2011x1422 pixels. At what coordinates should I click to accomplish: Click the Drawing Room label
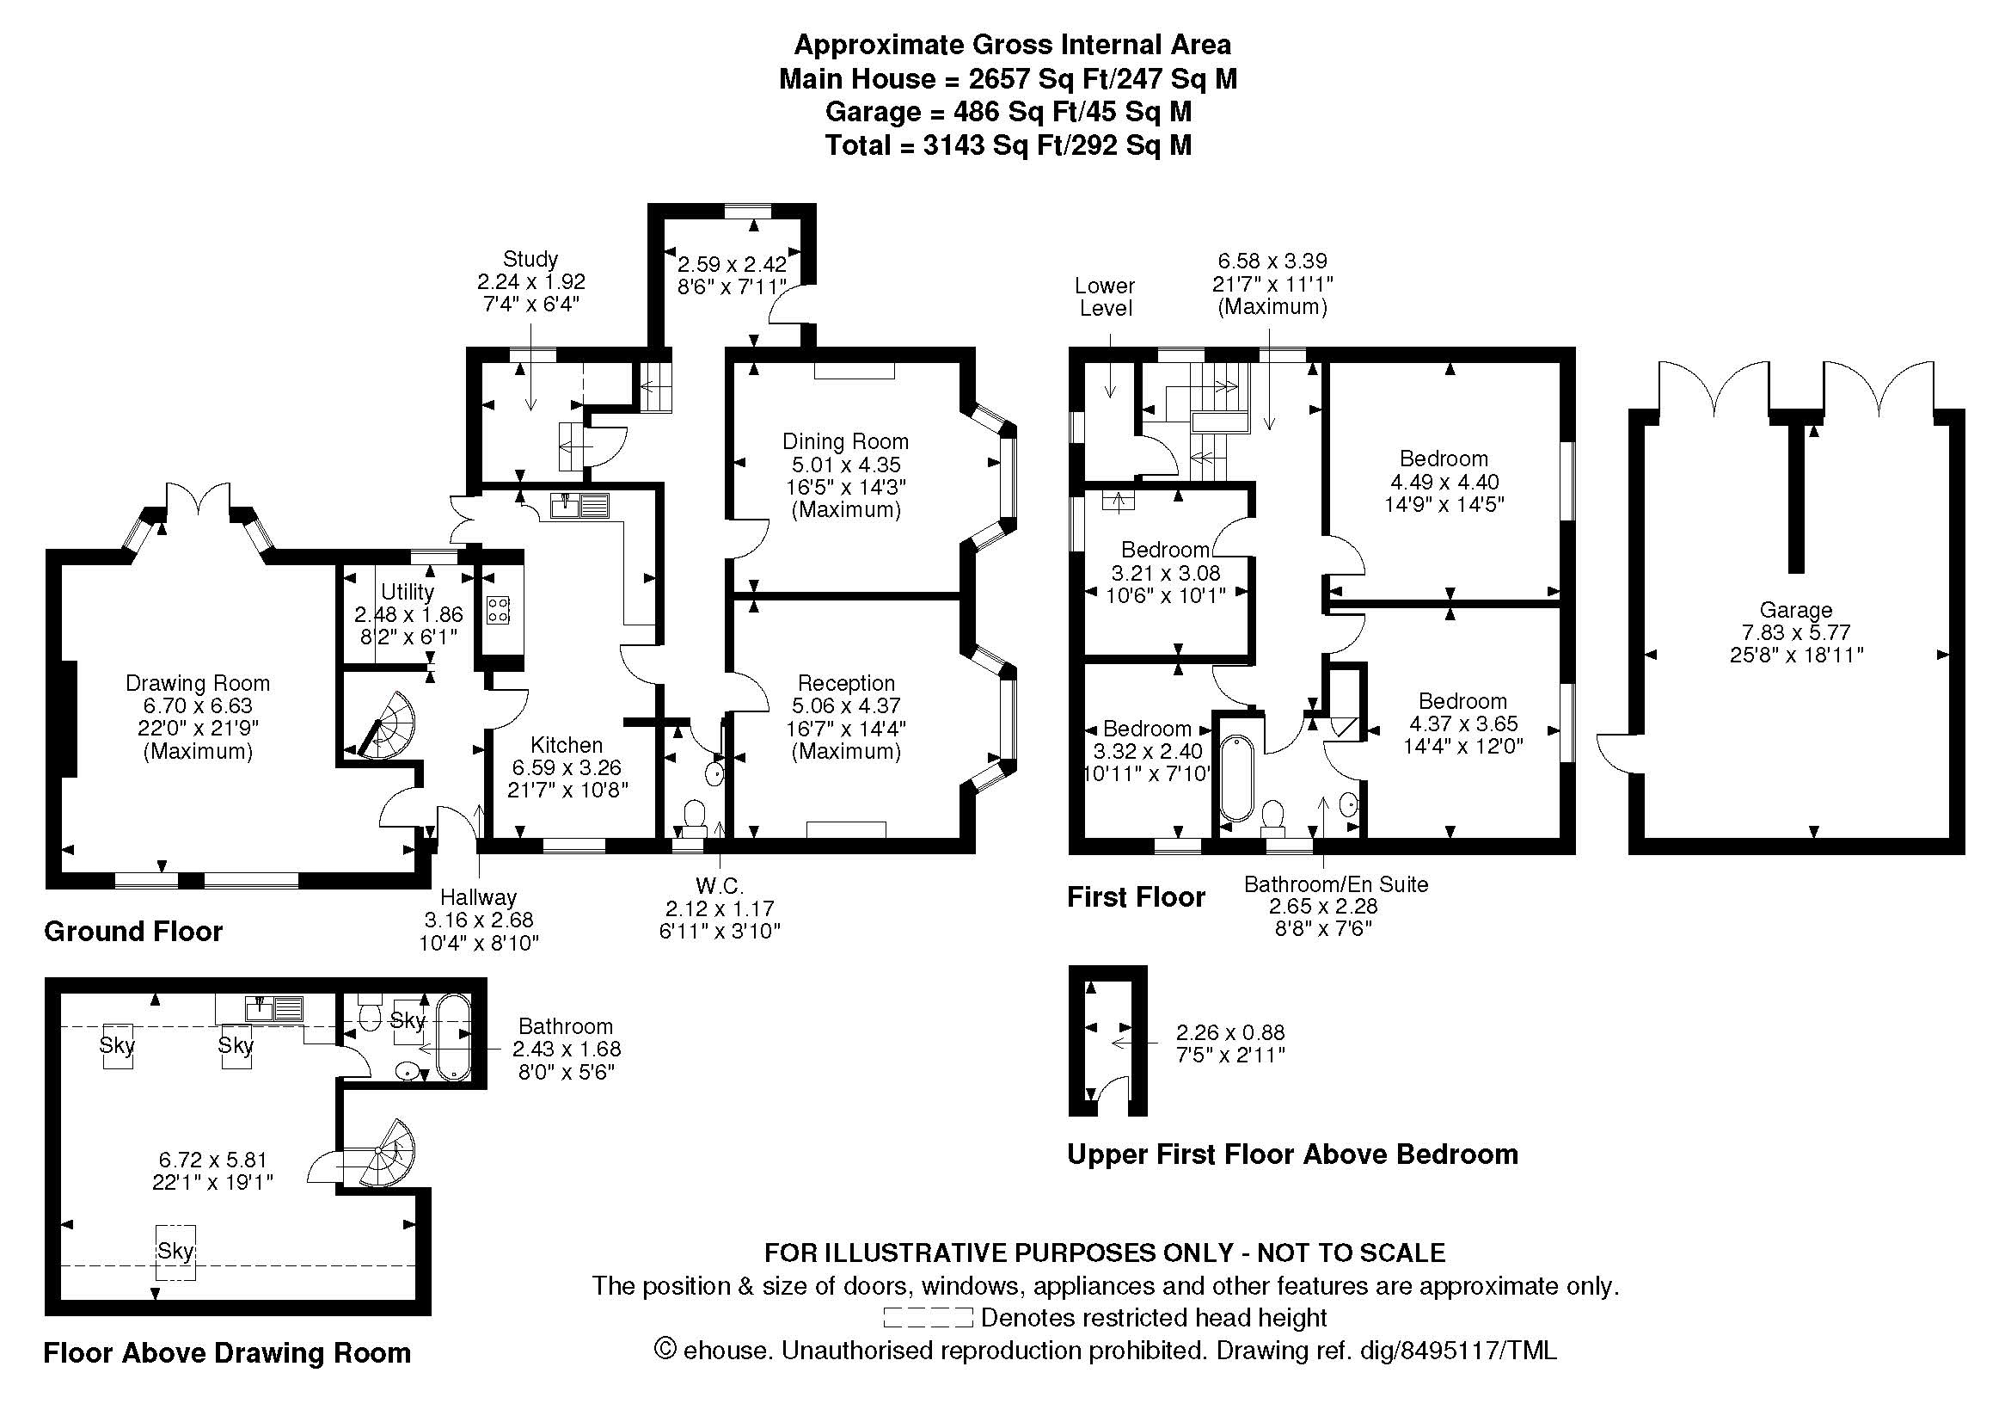pos(197,683)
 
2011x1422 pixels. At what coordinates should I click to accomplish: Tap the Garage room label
pos(1795,610)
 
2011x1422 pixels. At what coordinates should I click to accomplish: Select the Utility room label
pos(408,591)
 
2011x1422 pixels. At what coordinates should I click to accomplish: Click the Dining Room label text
pos(845,441)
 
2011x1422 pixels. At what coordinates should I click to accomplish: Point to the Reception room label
pos(846,683)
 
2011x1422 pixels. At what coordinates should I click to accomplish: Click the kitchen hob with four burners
pos(499,609)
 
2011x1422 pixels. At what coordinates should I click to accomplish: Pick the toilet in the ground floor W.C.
pos(695,813)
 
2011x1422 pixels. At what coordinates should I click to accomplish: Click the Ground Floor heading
pos(133,932)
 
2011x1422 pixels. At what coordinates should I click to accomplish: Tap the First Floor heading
pos(1135,897)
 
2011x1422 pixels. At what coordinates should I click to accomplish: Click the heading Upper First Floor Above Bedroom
pos(1292,1154)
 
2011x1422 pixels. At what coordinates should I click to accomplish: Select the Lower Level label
pos(1106,297)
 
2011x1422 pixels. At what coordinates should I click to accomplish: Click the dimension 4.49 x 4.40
pos(1444,482)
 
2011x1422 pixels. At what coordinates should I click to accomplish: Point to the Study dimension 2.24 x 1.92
pos(530,282)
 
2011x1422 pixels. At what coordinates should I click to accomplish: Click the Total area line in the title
pos(1008,145)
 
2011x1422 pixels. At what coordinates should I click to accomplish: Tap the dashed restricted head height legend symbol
pos(928,1317)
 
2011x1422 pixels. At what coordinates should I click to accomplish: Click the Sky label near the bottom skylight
pos(175,1251)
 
